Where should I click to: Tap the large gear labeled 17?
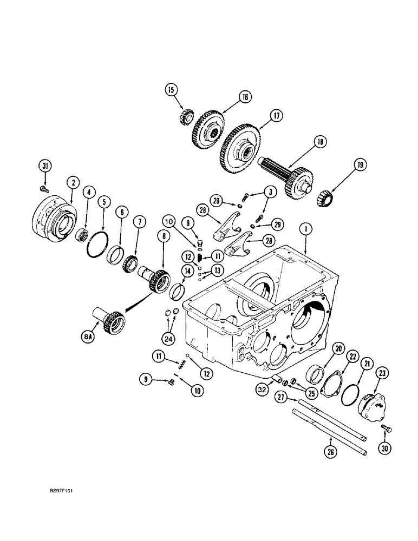click(x=241, y=146)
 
